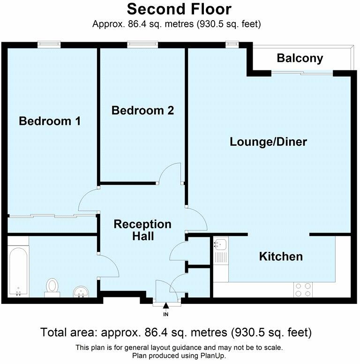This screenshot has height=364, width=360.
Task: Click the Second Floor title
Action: [179, 9]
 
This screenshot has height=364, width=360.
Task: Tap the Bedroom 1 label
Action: [50, 121]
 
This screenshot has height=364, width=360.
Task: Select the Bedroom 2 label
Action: [142, 110]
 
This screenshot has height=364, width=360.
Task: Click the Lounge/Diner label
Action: [268, 142]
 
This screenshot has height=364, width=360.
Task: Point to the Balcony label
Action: [300, 58]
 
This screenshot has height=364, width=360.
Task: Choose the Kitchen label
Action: [281, 257]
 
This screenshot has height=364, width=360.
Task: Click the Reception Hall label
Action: [142, 230]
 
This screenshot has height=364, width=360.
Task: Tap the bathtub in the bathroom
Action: [18, 266]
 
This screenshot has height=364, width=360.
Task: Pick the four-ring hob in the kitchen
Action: [302, 289]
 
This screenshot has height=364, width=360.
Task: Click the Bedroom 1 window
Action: [49, 45]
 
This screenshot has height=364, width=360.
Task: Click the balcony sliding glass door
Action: [302, 72]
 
